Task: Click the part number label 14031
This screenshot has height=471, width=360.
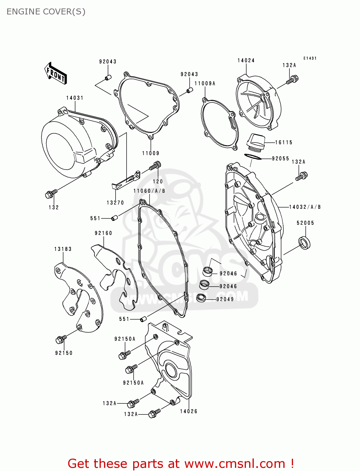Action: point(75,98)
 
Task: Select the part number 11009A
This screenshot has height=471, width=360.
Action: point(205,84)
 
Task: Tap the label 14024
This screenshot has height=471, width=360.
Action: point(246,61)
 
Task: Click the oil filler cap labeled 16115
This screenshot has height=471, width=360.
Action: point(255,142)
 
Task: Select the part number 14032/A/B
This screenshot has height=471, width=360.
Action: point(305,207)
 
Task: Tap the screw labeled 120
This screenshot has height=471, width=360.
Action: point(155,165)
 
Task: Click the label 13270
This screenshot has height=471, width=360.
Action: point(115,203)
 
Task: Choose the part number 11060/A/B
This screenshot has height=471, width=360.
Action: point(149,191)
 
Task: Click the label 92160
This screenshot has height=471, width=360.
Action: point(103,233)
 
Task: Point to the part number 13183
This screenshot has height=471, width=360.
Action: point(63,249)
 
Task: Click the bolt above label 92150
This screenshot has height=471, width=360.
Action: point(61,339)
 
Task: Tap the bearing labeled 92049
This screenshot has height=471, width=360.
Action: point(201,298)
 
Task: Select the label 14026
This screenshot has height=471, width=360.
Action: point(188,411)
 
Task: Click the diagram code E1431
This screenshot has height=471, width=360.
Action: point(310,58)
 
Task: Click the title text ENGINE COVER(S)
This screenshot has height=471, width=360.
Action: point(46,12)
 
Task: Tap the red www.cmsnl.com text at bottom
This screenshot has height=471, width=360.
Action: point(234,463)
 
